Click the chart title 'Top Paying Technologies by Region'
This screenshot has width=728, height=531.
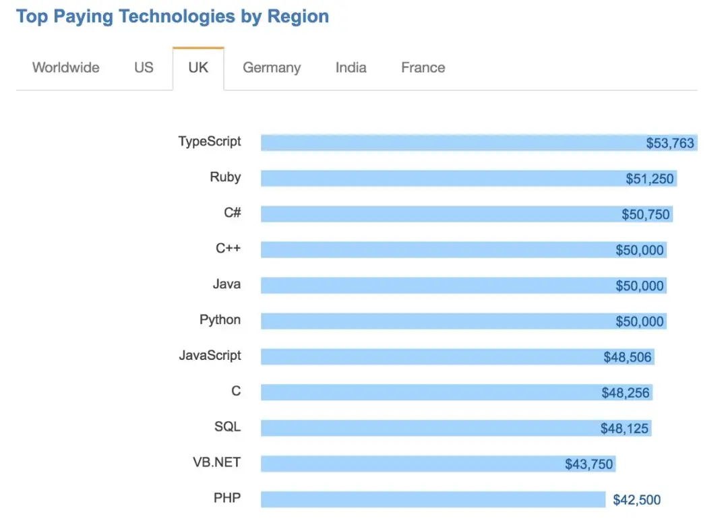coord(173,16)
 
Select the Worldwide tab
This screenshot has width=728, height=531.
coord(66,67)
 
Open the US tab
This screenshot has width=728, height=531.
coord(144,67)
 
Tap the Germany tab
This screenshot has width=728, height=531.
coord(272,67)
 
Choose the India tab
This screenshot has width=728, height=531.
coord(351,67)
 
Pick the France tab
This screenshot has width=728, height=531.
coord(423,67)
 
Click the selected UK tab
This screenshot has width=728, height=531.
coord(198,67)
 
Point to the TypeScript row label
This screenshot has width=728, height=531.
coord(210,142)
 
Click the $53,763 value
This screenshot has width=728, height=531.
coord(670,143)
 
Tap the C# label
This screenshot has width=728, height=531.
coord(233,213)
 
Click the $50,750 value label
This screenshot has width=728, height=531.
coord(646,214)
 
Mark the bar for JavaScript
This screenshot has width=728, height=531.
coord(431,357)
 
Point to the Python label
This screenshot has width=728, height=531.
coord(220,319)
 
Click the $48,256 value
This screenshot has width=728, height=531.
coord(626,393)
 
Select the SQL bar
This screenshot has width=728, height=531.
coord(431,428)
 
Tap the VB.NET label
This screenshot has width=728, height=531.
coord(216,462)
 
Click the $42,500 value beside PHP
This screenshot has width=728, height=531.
coord(637,500)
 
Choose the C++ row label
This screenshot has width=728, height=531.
coord(229,249)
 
